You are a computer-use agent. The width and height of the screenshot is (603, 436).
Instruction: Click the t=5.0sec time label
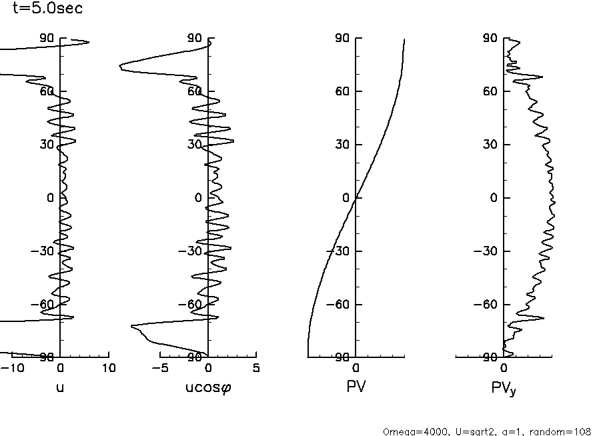(x=47, y=9)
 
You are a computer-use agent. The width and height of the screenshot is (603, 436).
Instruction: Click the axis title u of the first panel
(x=60, y=386)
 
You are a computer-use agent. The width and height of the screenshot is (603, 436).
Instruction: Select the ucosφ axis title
(x=207, y=387)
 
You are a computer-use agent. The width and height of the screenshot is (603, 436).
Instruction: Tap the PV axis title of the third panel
(x=356, y=386)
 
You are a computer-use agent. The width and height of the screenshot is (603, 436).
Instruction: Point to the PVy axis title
(x=504, y=387)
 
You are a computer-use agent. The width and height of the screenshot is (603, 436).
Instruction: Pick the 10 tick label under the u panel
(x=109, y=368)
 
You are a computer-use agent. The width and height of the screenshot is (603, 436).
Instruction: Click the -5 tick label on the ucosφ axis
(x=160, y=368)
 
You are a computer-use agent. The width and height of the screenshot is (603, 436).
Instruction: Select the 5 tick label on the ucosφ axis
(x=256, y=368)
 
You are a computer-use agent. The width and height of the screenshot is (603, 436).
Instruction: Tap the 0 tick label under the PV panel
(x=356, y=368)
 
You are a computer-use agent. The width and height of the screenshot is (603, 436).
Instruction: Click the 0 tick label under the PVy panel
(x=504, y=368)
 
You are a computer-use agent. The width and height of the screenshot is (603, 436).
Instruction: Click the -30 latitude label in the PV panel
(x=340, y=251)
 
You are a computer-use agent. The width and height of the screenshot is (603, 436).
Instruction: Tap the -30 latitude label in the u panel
(x=44, y=251)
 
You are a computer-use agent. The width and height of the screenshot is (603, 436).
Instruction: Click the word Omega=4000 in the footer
(x=409, y=431)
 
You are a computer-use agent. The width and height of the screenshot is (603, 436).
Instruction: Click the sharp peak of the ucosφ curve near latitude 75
(x=120, y=67)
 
